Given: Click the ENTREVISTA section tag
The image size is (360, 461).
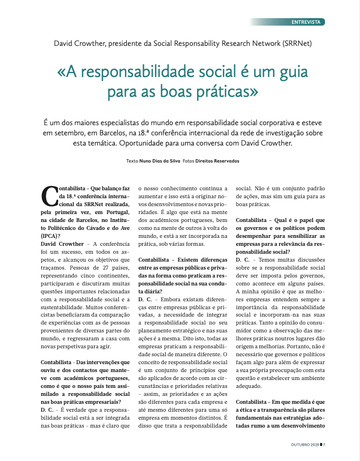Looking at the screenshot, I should point(307,22).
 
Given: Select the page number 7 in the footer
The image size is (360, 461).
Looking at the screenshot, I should point(324,445).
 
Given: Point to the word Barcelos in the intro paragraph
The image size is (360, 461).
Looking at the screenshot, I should point(100,133).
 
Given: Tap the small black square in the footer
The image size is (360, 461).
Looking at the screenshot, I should point(320,445).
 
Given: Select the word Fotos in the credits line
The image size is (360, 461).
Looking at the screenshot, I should point(188,161).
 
